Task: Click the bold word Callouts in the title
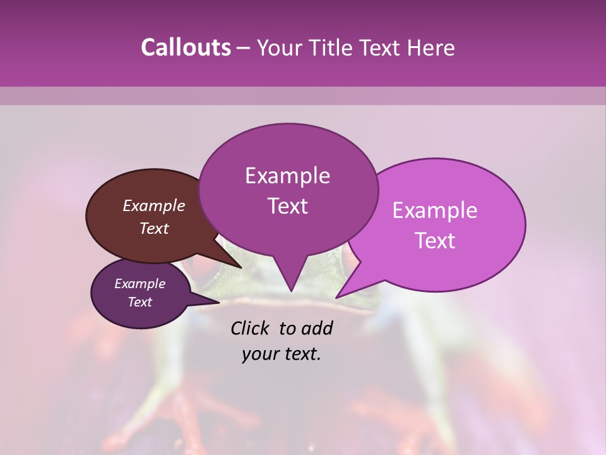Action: [x=186, y=47]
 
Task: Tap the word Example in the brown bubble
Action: [x=153, y=205]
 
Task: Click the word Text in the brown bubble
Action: [x=153, y=228]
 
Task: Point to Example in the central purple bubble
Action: [x=287, y=176]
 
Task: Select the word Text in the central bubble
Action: [x=287, y=206]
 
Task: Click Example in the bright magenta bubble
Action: [x=435, y=210]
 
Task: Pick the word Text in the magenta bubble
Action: [x=435, y=241]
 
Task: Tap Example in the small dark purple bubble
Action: [x=140, y=284]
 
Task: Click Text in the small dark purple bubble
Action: [x=140, y=302]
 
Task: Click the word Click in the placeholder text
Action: [x=251, y=328]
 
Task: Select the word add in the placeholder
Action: [x=318, y=328]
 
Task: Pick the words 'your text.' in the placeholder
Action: [x=281, y=354]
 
